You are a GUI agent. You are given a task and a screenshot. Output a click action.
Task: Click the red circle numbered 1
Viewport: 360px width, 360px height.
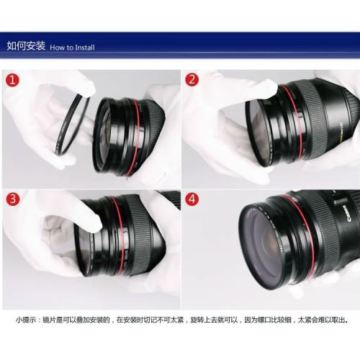(12, 80)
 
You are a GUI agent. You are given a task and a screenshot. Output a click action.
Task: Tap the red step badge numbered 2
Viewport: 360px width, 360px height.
(192, 80)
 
